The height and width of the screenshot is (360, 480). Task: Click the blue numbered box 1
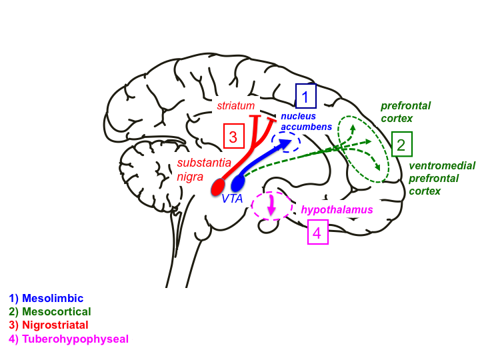(305, 97)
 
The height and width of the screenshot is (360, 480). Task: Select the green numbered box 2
(402, 144)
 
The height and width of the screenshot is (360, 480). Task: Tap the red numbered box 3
(233, 137)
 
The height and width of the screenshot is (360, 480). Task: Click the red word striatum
(236, 105)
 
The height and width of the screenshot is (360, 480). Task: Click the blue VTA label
(232, 198)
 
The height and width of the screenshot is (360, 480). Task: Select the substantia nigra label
(204, 169)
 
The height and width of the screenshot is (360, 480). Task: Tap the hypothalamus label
(337, 209)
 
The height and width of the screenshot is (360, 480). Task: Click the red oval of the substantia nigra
(218, 187)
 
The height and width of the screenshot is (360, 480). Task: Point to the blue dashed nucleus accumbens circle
(287, 142)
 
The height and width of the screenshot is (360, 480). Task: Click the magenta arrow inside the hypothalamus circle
(271, 207)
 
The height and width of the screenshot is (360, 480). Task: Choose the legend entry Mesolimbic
(46, 298)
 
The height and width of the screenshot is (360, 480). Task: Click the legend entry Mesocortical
(50, 311)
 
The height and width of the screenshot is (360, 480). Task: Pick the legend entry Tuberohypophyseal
(69, 338)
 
